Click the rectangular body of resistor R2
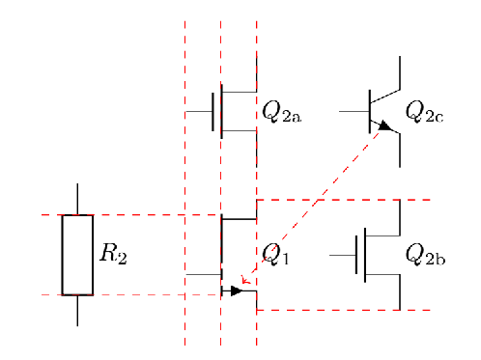tap(77, 255)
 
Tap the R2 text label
tap(113, 256)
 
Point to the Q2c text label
tap(424, 112)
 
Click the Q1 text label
tap(275, 256)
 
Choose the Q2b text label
tap(425, 255)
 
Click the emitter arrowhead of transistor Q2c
tap(384, 125)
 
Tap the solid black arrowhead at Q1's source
tap(236, 291)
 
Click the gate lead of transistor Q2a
tap(199, 112)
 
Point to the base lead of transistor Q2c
tap(353, 112)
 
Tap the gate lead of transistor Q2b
tap(342, 256)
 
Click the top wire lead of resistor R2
tap(77, 198)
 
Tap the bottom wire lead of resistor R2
tap(77, 310)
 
